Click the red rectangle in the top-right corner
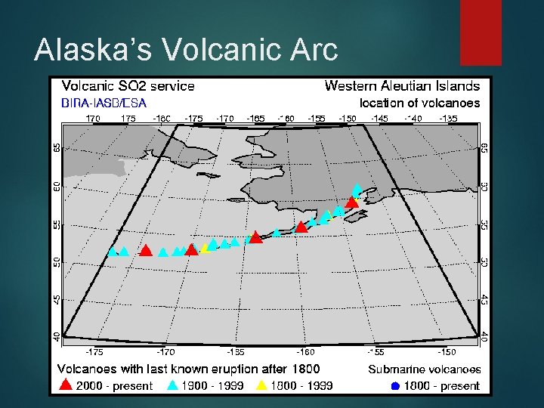coord(481,32)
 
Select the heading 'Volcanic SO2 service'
coord(128,86)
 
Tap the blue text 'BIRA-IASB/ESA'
coord(104,102)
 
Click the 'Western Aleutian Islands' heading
coord(402,86)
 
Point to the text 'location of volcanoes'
coord(419,102)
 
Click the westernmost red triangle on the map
coord(146,250)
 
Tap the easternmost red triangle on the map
coord(351,201)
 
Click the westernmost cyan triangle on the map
coord(113,252)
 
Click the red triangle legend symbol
coord(66,385)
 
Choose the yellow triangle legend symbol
coord(261,385)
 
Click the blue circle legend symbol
coord(394,386)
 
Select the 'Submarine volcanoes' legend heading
coord(424,369)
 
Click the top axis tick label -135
coord(448,119)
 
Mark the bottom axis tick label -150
coord(447,351)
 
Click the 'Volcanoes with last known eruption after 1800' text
coord(189,369)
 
